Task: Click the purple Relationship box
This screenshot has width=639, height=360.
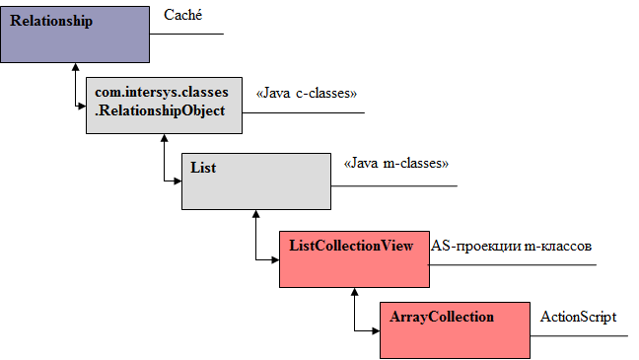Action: click(x=74, y=34)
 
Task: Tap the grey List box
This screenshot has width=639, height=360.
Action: click(x=256, y=180)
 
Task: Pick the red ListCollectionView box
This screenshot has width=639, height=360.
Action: click(x=352, y=258)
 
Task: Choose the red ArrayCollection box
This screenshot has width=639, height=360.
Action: click(x=453, y=330)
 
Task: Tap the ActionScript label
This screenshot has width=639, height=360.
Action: click(x=578, y=317)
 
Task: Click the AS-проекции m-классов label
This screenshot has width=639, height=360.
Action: click(x=510, y=246)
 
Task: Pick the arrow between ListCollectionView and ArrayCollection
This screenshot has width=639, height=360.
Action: click(x=354, y=312)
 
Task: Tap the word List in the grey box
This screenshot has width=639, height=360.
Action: click(x=203, y=168)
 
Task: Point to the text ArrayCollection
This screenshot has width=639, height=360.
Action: click(x=441, y=318)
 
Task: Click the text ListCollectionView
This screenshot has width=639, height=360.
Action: click(x=349, y=245)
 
